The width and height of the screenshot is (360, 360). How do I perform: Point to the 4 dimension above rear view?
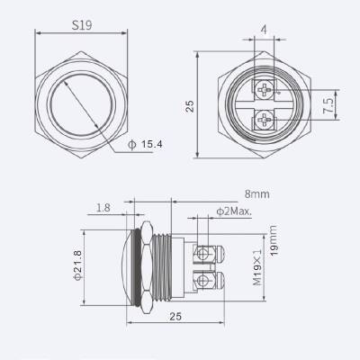coord(263,31)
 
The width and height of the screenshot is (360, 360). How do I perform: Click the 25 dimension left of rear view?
coord(190,104)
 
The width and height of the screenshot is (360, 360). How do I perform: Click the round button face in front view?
coord(84,103)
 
